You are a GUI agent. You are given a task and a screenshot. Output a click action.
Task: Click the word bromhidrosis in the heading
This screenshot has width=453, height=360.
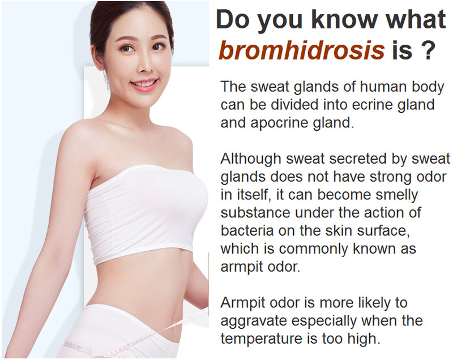point(301,49)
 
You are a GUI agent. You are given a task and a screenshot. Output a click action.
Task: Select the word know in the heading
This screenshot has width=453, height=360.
point(345,19)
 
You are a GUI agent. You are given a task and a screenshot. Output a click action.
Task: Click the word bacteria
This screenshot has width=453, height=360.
point(247,230)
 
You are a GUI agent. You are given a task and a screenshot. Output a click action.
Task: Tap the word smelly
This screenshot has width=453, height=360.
point(397,195)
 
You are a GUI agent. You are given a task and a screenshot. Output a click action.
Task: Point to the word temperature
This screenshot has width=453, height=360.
point(260,339)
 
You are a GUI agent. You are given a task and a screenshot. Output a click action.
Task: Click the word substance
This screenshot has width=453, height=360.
point(255,212)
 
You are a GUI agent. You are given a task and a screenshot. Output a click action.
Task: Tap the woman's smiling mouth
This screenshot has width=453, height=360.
point(144,84)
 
